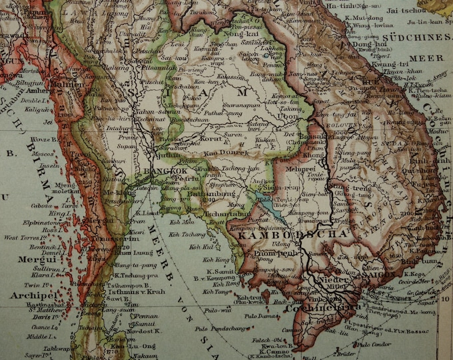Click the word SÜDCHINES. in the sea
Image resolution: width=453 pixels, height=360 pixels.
click(x=420, y=37)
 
